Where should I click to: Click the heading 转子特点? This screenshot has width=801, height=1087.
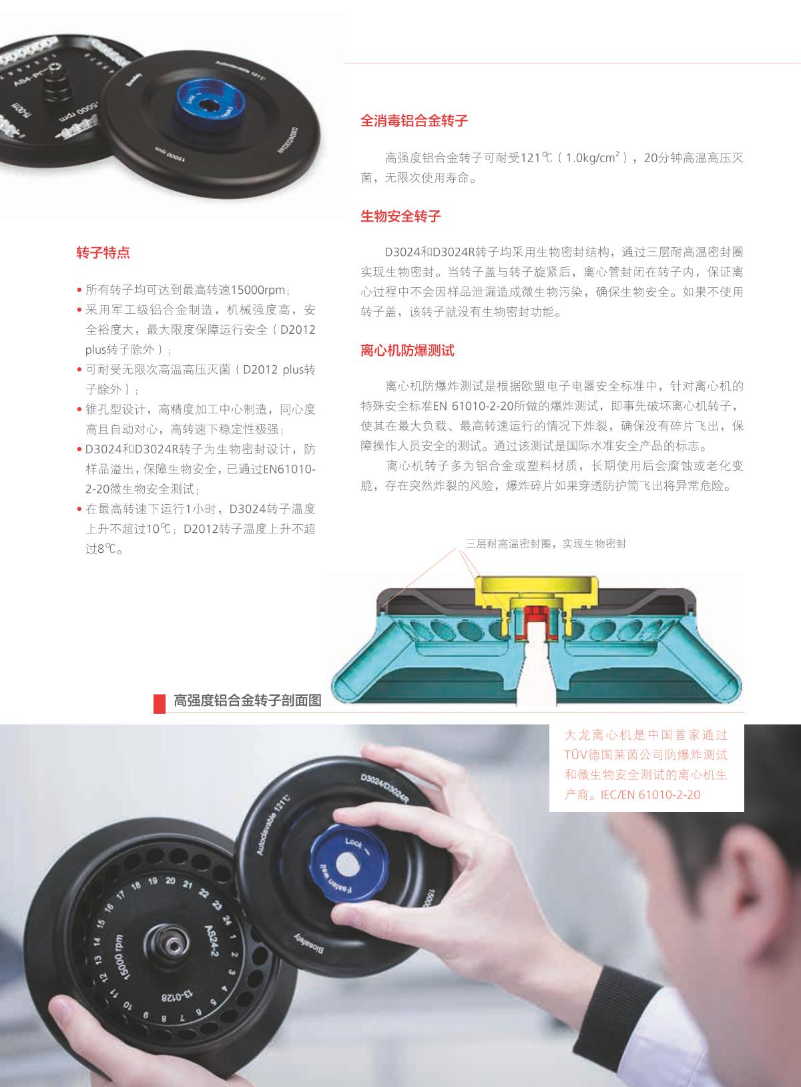coord(103,252)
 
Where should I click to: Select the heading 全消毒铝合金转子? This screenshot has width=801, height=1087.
coord(414,120)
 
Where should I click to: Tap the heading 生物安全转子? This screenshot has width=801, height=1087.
coord(400,216)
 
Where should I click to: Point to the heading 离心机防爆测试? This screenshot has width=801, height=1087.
coord(407,351)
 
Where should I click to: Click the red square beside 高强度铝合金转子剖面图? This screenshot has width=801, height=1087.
coord(159,703)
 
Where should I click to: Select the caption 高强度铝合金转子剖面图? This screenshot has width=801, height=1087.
coord(248,700)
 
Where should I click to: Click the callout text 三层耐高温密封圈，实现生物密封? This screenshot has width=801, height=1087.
coord(546,543)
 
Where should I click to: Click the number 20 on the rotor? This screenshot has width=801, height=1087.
coord(170,881)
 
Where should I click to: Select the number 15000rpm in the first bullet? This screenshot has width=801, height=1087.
coord(258,290)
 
